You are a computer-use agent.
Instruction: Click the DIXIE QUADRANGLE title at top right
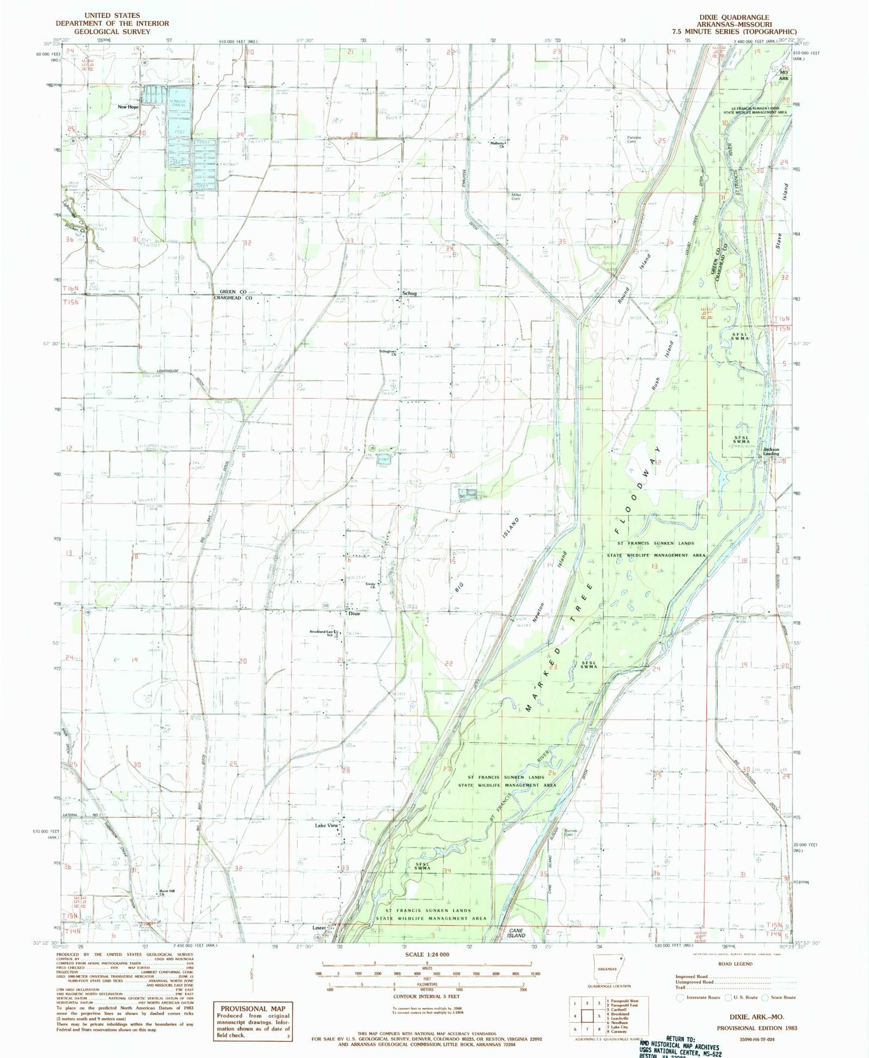(x=735, y=17)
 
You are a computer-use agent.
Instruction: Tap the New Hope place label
(x=127, y=106)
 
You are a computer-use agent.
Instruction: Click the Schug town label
(x=410, y=293)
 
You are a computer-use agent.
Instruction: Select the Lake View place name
(x=327, y=826)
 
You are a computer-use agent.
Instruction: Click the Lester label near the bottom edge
(x=319, y=927)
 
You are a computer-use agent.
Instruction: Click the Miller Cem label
(x=516, y=196)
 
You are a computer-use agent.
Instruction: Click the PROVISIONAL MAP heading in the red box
(x=253, y=1009)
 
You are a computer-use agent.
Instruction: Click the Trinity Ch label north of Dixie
(x=371, y=585)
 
